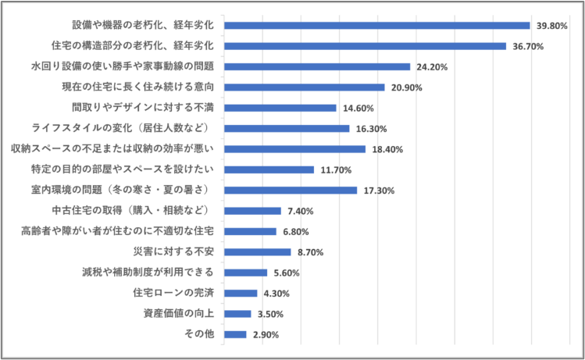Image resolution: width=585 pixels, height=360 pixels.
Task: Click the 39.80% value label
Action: point(551,26)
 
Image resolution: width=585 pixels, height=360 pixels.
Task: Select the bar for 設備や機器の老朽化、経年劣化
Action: point(377,26)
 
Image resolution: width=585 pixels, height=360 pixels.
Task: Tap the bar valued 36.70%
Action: point(366,46)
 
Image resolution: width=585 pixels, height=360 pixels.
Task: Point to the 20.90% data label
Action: point(406,87)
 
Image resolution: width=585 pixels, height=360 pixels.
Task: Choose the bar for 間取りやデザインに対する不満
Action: point(280,108)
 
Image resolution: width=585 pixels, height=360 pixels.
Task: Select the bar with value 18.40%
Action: point(295,149)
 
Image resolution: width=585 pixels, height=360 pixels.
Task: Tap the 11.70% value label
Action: point(336,169)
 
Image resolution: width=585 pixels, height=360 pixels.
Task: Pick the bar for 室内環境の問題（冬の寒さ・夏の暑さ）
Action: point(291,190)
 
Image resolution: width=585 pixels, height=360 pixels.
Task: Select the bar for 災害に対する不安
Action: point(258,251)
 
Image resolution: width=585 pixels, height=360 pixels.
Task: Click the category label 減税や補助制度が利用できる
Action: point(148,273)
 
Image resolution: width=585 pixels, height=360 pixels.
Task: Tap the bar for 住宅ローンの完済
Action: point(241,293)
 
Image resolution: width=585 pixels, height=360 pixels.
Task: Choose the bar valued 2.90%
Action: point(236,334)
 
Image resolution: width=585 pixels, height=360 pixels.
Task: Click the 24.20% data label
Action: point(432,67)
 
